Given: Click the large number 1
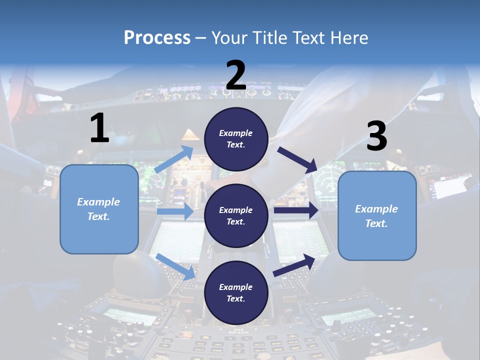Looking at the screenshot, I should (99, 128).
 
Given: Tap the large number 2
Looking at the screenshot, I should (236, 75).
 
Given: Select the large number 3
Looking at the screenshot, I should (376, 137).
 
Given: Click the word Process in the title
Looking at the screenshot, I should (157, 37).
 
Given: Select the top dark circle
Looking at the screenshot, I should (236, 139).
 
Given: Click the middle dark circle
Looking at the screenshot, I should (236, 215).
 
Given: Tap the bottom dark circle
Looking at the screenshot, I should (236, 292).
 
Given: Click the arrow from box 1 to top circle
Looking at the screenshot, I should (174, 159).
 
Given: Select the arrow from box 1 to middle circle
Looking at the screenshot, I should (175, 211).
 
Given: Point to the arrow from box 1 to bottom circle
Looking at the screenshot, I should (175, 266).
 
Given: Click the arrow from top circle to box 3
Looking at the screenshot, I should (297, 160).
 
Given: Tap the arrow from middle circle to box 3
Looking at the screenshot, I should (295, 210).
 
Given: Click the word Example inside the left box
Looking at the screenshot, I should (98, 202).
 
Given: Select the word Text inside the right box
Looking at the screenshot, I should (376, 223).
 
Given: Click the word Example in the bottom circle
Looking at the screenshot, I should (235, 287).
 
